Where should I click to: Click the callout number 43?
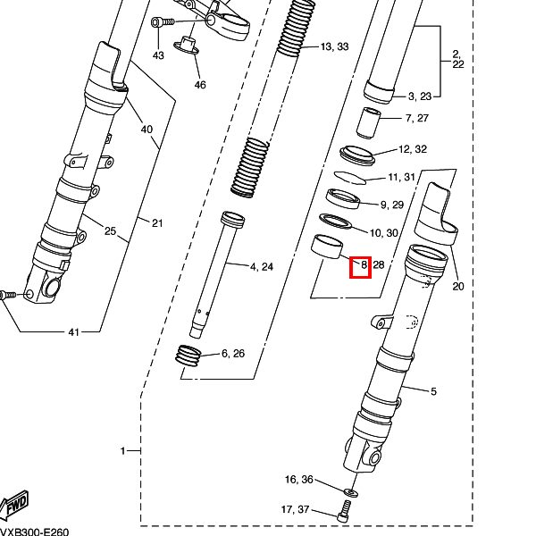[x=158, y=55]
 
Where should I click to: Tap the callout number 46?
[x=200, y=85]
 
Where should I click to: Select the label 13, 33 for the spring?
[x=335, y=46]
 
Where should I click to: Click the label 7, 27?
[x=416, y=118]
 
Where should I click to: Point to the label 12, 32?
[x=413, y=149]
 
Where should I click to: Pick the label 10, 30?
[x=384, y=233]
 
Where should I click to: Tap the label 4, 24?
[x=262, y=266]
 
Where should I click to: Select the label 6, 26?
[x=233, y=353]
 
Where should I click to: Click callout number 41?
[x=74, y=332]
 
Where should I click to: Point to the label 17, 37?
[x=295, y=509]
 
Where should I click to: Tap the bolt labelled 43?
[x=163, y=22]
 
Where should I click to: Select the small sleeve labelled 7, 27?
[x=368, y=123]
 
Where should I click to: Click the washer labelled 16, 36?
[x=351, y=492]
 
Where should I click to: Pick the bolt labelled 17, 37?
[x=344, y=511]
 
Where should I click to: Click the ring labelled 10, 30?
[x=335, y=222]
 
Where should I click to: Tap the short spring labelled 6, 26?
[x=188, y=356]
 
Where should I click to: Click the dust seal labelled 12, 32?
[x=357, y=155]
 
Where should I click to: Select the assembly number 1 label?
[x=122, y=451]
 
